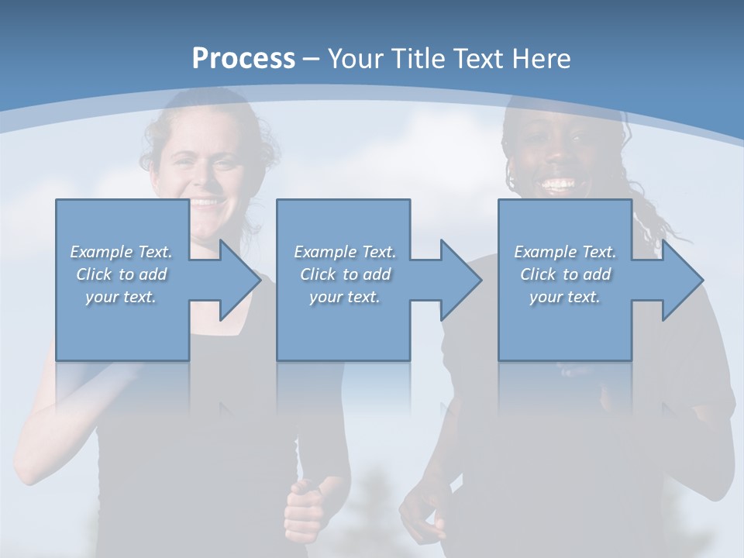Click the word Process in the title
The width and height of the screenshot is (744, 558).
[x=243, y=59]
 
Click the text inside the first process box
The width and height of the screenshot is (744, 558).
[x=122, y=274]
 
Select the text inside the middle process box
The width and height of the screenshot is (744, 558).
[x=344, y=274]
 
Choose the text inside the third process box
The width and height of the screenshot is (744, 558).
[x=565, y=274]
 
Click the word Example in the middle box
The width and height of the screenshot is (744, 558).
[x=318, y=252]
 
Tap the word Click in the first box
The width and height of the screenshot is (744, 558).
[x=93, y=274]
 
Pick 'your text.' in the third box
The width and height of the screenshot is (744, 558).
[x=565, y=297]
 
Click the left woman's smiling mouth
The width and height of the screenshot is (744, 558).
[x=205, y=203]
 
